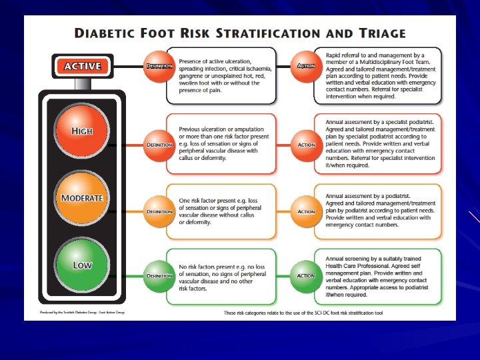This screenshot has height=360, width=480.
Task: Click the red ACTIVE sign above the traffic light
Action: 82,66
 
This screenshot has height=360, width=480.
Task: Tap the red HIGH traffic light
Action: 82,131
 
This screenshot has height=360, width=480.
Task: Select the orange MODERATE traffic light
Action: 82,197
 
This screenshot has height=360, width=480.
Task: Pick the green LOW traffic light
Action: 82,265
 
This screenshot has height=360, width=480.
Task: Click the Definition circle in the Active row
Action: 159,66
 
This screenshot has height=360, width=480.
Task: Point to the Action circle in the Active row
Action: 306,66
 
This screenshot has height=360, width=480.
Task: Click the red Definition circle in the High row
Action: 159,144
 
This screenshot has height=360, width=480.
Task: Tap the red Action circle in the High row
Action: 306,144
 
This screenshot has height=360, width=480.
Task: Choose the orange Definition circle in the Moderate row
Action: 159,211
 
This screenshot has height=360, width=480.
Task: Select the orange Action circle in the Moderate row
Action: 306,211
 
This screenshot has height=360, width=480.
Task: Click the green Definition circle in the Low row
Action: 159,275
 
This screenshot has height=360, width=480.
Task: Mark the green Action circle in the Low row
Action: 306,275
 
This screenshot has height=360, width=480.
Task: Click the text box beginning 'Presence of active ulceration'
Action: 221,75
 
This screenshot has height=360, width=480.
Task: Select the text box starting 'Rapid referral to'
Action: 377,75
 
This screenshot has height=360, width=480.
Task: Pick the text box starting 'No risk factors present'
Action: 221,275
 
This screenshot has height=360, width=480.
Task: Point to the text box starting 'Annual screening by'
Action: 377,275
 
